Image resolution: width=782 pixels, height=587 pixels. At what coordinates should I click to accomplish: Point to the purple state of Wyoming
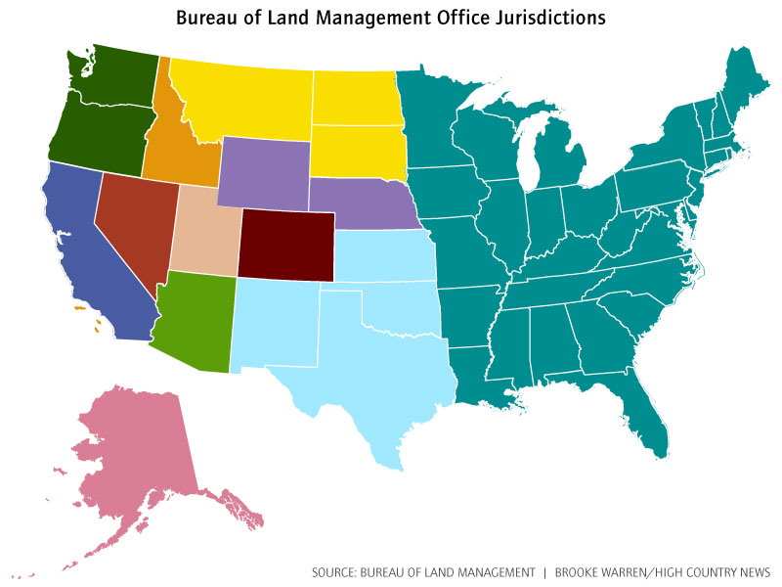(x=261, y=171)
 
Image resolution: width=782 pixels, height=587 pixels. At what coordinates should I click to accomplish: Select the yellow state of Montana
(x=249, y=98)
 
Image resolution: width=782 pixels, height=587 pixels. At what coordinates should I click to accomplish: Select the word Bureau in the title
(x=206, y=18)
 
